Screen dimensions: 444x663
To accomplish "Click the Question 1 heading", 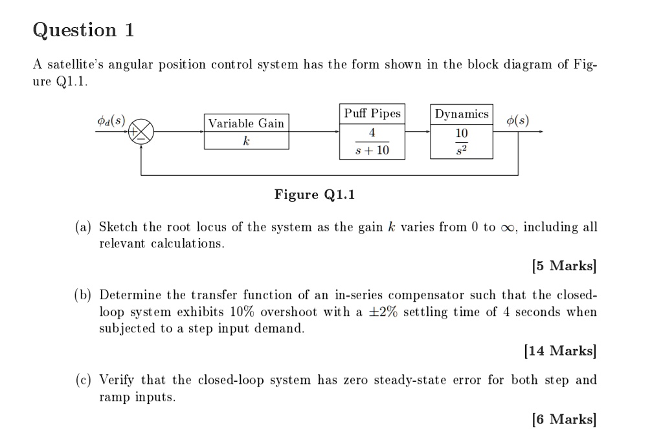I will point(84,30).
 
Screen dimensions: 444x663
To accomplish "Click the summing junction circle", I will point(142,132).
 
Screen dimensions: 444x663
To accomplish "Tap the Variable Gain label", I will point(246,123).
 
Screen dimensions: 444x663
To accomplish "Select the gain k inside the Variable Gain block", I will point(246,140).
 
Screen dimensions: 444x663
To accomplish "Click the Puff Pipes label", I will point(372,114).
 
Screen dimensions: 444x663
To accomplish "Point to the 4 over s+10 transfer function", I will point(372,142).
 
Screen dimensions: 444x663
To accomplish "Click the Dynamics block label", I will point(462,114).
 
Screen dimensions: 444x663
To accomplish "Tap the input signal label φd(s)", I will point(111,120).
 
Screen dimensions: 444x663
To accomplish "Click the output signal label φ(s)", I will point(517,121).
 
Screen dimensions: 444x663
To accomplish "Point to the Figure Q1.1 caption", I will point(315,195).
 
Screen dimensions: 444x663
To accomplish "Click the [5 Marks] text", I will point(563,266).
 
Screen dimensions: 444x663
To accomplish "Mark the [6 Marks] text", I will point(563,419).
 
